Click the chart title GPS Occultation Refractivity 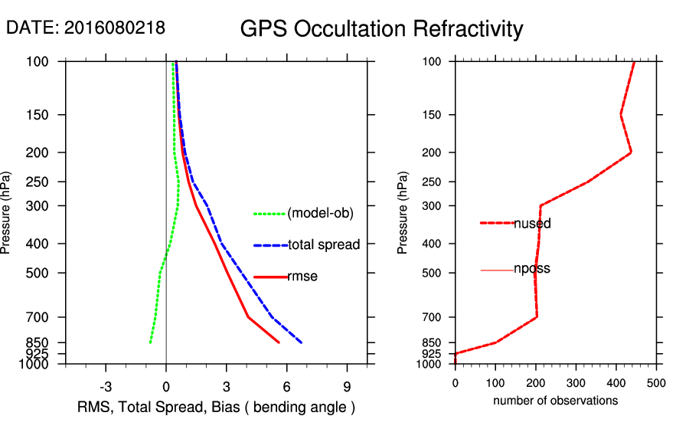[x=381, y=29]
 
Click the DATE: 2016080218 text [x=85, y=28]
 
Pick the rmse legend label [x=302, y=277]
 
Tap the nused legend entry [x=532, y=224]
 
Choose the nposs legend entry [x=532, y=269]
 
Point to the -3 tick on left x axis [x=106, y=386]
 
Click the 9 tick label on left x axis [x=347, y=386]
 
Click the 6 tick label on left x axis [x=287, y=386]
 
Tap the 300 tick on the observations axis [x=576, y=384]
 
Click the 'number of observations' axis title [x=555, y=401]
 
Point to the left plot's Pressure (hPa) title [x=7, y=213]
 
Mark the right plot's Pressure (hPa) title [x=403, y=213]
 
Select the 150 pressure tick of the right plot [x=439, y=115]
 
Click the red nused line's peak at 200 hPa [x=631, y=152]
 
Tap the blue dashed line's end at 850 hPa [x=302, y=342]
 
